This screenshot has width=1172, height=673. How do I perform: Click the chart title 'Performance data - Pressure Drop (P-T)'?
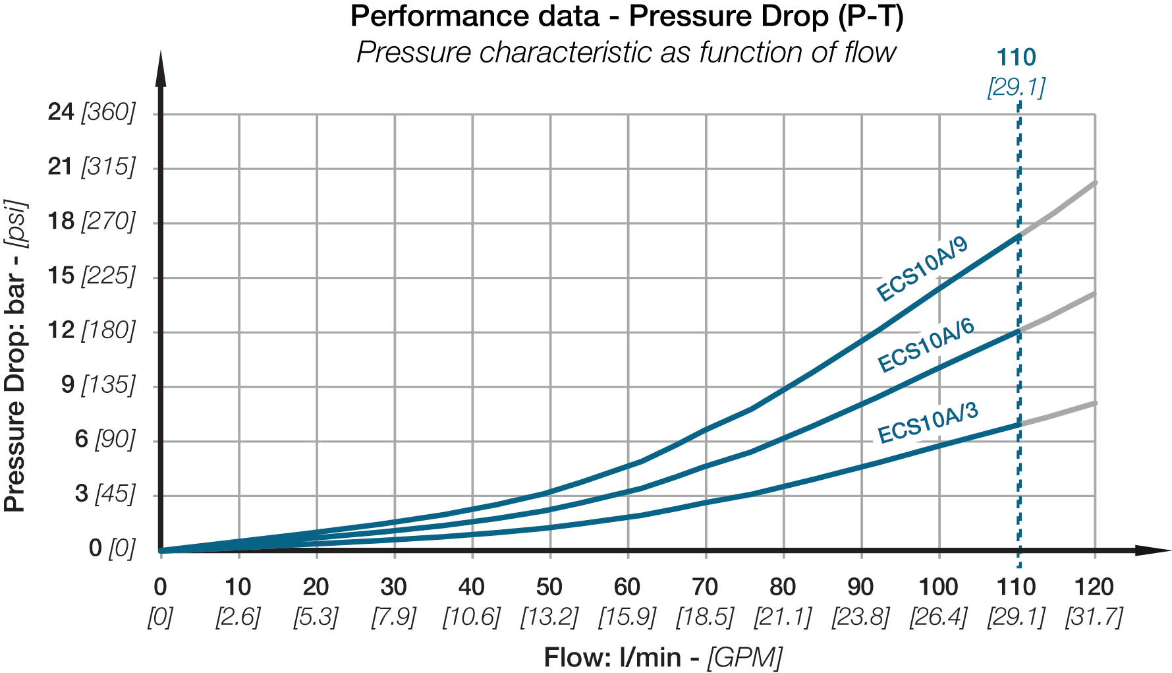[x=627, y=16]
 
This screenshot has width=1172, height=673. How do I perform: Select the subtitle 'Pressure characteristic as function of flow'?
[x=626, y=52]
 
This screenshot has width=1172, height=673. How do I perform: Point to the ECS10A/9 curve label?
[x=922, y=269]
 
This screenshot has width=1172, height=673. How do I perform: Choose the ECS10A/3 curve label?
[x=928, y=423]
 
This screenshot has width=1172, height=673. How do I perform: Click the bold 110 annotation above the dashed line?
[x=1017, y=58]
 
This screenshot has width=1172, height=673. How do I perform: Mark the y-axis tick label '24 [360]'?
[x=91, y=112]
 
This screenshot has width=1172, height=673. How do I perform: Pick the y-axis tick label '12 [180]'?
[x=91, y=330]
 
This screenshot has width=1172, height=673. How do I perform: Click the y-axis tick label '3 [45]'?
[x=105, y=493]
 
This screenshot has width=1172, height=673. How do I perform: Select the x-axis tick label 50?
[x=549, y=587]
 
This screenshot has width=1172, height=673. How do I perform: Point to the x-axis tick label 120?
[x=1094, y=587]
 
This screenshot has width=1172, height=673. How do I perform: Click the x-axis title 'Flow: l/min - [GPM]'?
[x=663, y=657]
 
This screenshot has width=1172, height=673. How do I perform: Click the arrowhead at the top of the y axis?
[x=160, y=69]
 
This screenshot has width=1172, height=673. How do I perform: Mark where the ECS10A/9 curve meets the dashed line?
[x=1019, y=235]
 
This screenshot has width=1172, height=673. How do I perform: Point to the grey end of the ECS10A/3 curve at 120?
[x=1094, y=403]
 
